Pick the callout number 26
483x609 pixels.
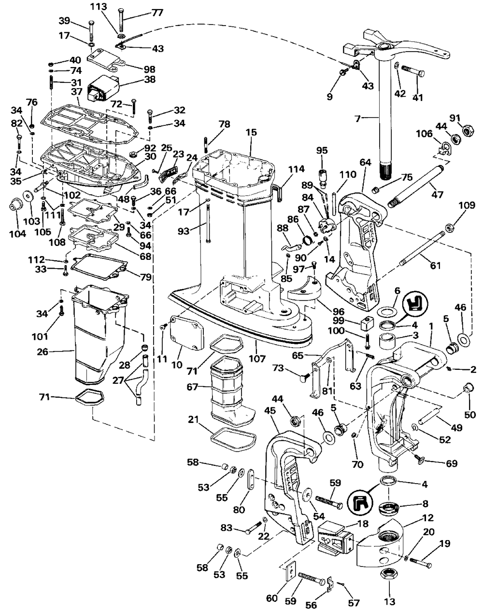43,352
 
